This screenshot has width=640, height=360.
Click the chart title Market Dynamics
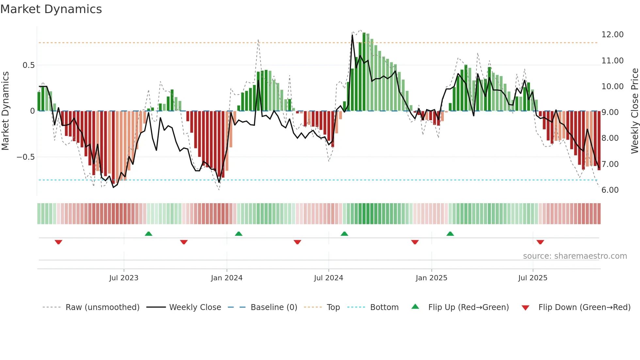click(51, 9)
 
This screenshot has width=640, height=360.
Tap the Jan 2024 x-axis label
click(227, 278)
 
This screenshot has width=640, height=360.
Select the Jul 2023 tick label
click(124, 278)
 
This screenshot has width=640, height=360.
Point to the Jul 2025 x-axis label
click(533, 278)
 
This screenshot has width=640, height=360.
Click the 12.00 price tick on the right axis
click(612, 35)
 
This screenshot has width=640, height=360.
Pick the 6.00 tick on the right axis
click(610, 190)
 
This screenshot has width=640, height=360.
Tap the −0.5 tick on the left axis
click(26, 157)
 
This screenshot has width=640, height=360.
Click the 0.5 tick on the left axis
click(28, 65)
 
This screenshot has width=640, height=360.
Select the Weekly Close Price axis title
click(634, 111)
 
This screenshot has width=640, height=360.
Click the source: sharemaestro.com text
click(575, 256)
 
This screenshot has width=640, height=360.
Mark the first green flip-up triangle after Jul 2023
click(149, 234)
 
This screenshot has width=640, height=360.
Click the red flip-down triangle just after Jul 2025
click(540, 242)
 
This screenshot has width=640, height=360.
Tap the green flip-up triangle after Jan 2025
click(450, 234)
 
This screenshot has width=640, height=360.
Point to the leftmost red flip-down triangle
click(58, 242)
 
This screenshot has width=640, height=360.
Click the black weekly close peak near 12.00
click(352, 35)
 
